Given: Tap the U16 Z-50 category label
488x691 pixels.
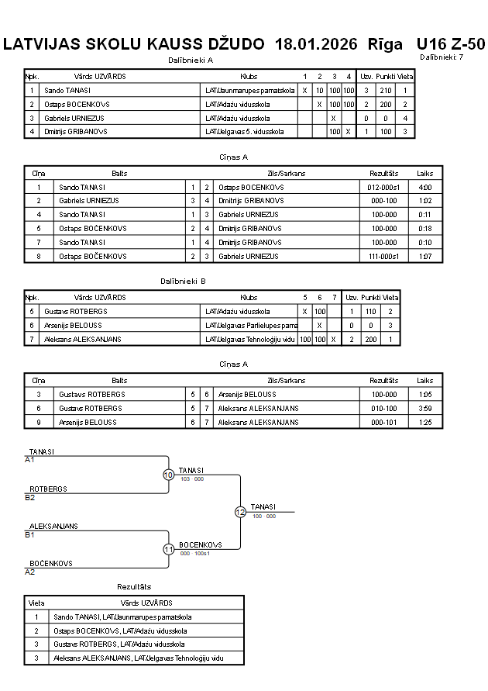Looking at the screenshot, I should [450, 44].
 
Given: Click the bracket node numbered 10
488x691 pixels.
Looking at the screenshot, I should [168, 475].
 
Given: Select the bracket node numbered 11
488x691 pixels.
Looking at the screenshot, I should [168, 549].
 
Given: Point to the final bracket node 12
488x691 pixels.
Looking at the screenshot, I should [240, 512].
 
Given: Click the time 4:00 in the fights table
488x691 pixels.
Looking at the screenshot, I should [424, 187].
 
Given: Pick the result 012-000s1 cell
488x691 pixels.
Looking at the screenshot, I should [383, 187].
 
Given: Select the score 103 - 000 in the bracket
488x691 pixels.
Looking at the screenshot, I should [191, 479].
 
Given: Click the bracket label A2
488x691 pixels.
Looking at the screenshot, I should [30, 572].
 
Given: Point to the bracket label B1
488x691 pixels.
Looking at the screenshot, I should [30, 534].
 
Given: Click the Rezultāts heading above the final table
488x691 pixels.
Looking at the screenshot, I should [134, 586].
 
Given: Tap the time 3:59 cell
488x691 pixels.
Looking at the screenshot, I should [424, 408].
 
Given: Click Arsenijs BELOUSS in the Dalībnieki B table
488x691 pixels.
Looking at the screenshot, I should [81, 325].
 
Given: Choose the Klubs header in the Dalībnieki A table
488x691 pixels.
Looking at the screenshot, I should [248, 77].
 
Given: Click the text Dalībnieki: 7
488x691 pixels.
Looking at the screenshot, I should [442, 57].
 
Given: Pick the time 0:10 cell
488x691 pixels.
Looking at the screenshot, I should [424, 242].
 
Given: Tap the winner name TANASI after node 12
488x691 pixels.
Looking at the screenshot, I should [263, 506].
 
